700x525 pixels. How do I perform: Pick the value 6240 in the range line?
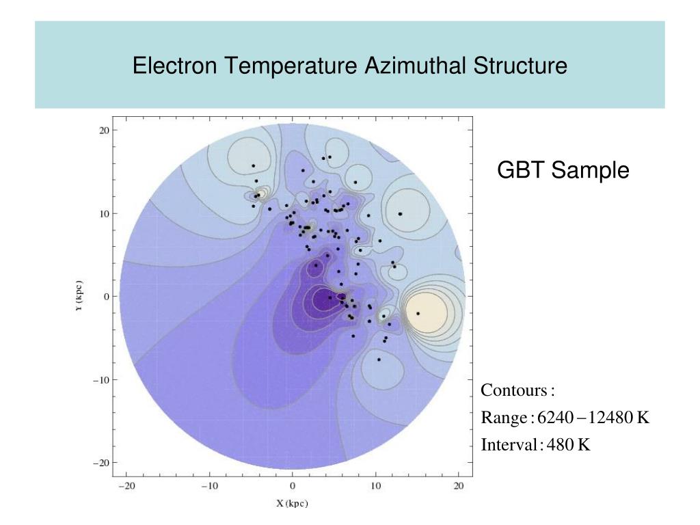(x=554, y=418)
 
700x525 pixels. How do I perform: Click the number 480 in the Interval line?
(x=560, y=445)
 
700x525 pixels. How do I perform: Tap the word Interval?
(x=510, y=445)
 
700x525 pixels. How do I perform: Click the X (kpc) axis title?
(x=292, y=504)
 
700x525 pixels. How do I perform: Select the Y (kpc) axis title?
(x=80, y=296)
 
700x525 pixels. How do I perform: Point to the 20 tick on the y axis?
(x=104, y=130)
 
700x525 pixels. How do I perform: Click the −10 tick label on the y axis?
(x=101, y=379)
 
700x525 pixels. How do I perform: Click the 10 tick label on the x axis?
(x=375, y=486)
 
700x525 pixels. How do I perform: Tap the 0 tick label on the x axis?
(x=293, y=486)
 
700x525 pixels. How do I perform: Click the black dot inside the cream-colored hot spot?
(x=418, y=313)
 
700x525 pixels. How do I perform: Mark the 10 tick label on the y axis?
(x=104, y=213)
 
